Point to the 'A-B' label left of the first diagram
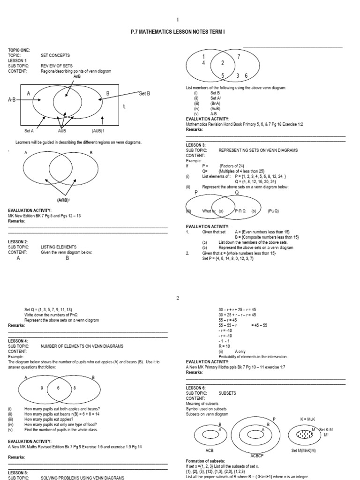pyautogui.click(x=15, y=100)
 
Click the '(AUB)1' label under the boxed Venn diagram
pyautogui.click(x=99, y=131)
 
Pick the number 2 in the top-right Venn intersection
pyautogui.click(x=222, y=63)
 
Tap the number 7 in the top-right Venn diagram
pyautogui.click(x=238, y=57)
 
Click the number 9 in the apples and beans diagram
pyautogui.click(x=42, y=388)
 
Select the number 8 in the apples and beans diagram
pyautogui.click(x=75, y=388)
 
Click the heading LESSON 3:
pyautogui.click(x=195, y=145)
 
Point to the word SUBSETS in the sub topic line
pyautogui.click(x=227, y=393)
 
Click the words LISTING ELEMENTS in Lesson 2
pyautogui.click(x=59, y=247)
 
